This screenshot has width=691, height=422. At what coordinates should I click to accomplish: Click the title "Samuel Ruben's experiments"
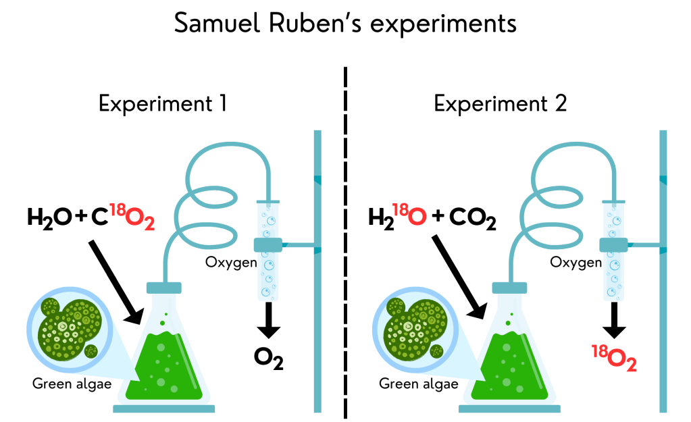pos(345,24)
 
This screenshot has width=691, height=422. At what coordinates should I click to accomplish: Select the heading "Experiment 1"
pos(162,105)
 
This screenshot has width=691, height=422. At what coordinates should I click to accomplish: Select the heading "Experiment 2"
pos(500,105)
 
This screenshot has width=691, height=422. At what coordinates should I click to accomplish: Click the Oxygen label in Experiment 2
pos(575,261)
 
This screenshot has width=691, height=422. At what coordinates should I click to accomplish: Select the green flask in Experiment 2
pos(510,358)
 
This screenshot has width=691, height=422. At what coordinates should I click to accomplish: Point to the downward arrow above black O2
pos(269,320)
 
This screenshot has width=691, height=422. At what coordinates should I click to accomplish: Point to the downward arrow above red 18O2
pos(615,320)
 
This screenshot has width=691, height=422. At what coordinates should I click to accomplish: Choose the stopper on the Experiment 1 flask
pos(164,288)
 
